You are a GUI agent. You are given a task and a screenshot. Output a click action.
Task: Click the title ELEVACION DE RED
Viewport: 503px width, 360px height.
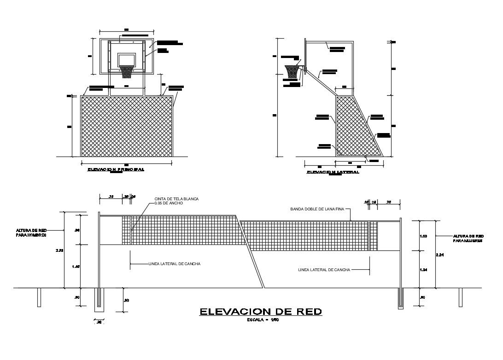(x=260, y=312)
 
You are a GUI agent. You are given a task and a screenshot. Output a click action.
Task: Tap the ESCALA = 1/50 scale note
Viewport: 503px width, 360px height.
(x=263, y=320)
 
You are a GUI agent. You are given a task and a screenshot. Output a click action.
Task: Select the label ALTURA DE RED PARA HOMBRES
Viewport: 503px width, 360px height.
(x=32, y=232)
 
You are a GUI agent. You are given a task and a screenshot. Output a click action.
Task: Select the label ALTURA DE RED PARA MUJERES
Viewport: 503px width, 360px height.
(x=468, y=238)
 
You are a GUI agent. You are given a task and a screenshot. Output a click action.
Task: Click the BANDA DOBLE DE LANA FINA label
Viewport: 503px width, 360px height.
(x=317, y=209)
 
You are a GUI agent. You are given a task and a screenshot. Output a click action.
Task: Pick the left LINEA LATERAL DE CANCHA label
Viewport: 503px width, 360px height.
(x=174, y=264)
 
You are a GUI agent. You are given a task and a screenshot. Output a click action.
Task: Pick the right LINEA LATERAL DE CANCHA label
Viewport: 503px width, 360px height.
(x=324, y=270)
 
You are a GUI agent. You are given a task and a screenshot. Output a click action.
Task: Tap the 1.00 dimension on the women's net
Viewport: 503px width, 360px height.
(x=424, y=236)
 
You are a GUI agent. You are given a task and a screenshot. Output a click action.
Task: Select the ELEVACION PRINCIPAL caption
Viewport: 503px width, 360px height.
(x=116, y=169)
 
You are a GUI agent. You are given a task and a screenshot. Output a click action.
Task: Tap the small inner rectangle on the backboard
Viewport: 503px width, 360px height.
(x=127, y=60)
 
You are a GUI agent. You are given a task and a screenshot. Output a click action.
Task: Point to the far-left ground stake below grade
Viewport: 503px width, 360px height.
(x=39, y=297)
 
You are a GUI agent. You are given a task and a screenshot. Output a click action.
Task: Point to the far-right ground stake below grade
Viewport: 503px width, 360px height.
(x=460, y=297)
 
